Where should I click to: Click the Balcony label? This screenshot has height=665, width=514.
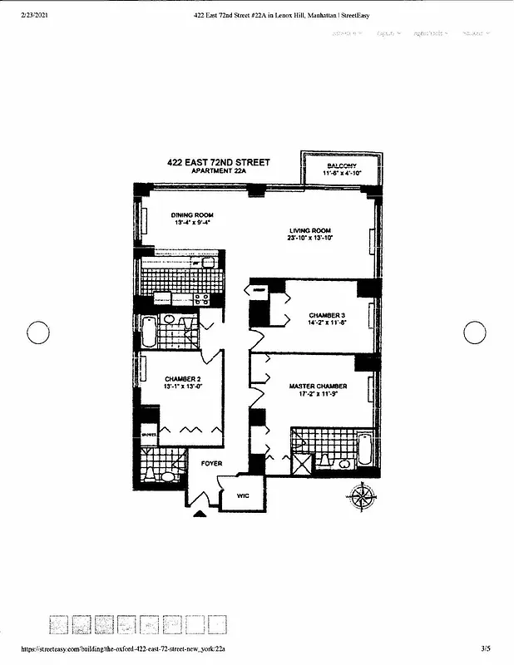coord(341,166)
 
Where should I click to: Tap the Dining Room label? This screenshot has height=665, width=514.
coord(192,215)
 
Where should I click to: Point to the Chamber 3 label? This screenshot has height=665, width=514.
coord(327,316)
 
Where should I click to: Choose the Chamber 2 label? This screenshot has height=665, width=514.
coord(183,378)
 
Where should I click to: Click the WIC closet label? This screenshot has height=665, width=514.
coord(243,495)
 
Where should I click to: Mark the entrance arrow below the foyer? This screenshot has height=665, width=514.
coord(200,514)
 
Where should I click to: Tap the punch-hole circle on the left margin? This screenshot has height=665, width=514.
coord(39,332)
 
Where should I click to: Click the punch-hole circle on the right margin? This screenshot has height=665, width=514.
coord(474,332)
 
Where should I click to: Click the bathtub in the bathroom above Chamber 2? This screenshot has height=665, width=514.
coord(149,332)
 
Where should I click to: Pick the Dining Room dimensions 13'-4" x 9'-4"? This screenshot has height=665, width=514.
coord(192,223)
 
